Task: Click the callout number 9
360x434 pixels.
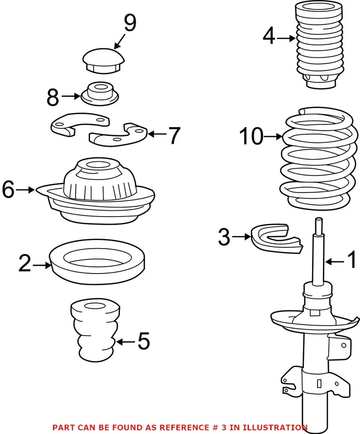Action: pos(129,24)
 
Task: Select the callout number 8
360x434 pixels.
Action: pos(52,97)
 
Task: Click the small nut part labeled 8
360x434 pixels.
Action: pos(100,93)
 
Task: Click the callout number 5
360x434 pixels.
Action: pos(143,341)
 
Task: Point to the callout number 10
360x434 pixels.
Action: pos(251,136)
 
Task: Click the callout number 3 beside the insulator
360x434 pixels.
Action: pos(224,237)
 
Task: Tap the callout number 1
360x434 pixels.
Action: pos(351,260)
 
